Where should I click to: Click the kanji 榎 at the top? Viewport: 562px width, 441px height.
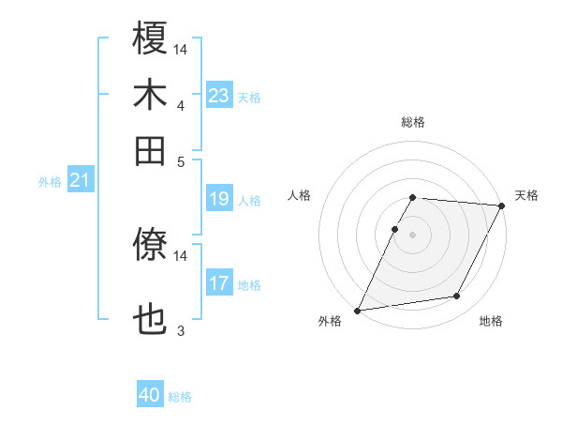(150, 38)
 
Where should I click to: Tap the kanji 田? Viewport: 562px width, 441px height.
(150, 150)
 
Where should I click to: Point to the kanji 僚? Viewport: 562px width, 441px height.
(150, 247)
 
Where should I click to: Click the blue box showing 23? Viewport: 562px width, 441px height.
(219, 96)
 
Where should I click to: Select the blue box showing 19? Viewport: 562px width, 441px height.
(219, 199)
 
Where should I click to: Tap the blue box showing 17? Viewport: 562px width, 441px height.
(219, 283)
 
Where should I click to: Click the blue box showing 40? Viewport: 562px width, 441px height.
(150, 395)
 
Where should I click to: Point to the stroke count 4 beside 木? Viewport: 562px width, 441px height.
(181, 105)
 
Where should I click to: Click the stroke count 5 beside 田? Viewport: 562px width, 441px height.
(181, 160)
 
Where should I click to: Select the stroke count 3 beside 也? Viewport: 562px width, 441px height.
(181, 330)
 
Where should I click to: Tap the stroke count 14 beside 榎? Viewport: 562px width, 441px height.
(181, 49)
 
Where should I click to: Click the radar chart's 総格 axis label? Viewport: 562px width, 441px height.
(413, 123)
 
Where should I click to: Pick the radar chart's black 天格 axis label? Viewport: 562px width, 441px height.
(526, 195)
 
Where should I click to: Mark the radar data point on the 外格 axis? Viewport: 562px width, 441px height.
(358, 311)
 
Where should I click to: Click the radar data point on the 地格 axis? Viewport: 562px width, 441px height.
(457, 297)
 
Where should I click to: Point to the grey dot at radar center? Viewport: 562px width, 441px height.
(413, 235)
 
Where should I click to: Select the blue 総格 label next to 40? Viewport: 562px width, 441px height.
(180, 397)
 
